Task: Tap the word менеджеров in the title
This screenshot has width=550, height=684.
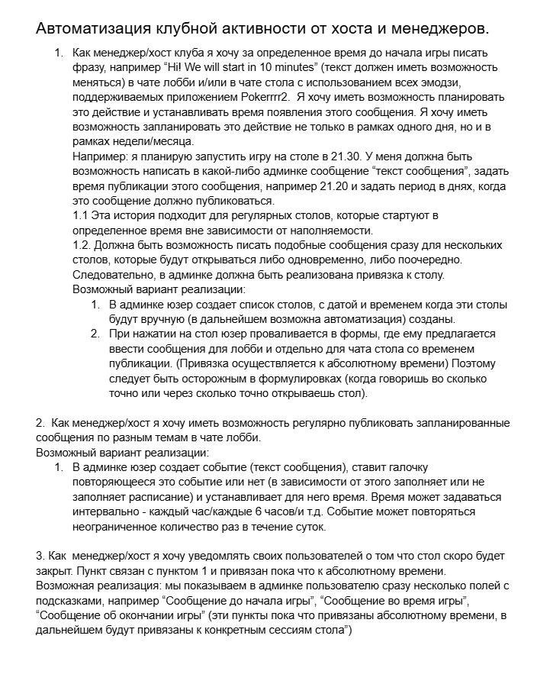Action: pos(437,29)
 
